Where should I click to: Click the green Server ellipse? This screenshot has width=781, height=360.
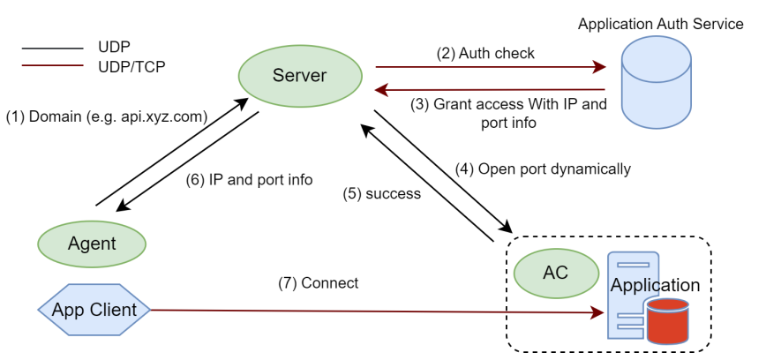pyautogui.click(x=298, y=75)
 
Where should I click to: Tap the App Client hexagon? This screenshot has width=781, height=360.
pyautogui.click(x=94, y=310)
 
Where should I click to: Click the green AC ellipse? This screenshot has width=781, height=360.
pyautogui.click(x=555, y=273)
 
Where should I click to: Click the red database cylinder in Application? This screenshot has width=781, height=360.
pyautogui.click(x=666, y=321)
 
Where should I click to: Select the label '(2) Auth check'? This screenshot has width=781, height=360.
pyautogui.click(x=485, y=53)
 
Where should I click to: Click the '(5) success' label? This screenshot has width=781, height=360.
pyautogui.click(x=381, y=193)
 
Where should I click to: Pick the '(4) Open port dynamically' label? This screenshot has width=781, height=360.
pyautogui.click(x=543, y=169)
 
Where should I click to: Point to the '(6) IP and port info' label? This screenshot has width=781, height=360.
pyautogui.click(x=249, y=179)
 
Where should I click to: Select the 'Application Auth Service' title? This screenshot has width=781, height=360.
pyautogui.click(x=660, y=24)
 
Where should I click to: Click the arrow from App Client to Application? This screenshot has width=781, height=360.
pyautogui.click(x=371, y=311)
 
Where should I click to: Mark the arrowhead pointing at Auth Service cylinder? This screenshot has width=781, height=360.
pyautogui.click(x=600, y=66)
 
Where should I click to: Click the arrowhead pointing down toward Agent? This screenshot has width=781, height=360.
pyautogui.click(x=124, y=206)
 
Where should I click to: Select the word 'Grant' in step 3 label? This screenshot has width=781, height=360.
pyautogui.click(x=454, y=104)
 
